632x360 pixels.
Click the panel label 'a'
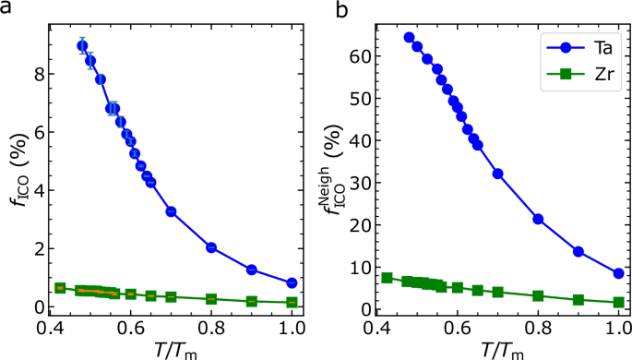tap(6, 8)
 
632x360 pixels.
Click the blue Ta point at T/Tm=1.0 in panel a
tap(292, 282)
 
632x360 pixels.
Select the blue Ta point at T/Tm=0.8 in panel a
tap(211, 247)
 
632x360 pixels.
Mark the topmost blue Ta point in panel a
tap(82, 45)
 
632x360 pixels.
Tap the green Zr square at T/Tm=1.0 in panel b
tap(619, 302)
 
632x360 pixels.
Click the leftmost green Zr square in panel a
tap(60, 288)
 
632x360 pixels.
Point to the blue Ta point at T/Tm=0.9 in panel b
tap(578, 251)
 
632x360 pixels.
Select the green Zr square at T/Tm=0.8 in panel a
tap(211, 299)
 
